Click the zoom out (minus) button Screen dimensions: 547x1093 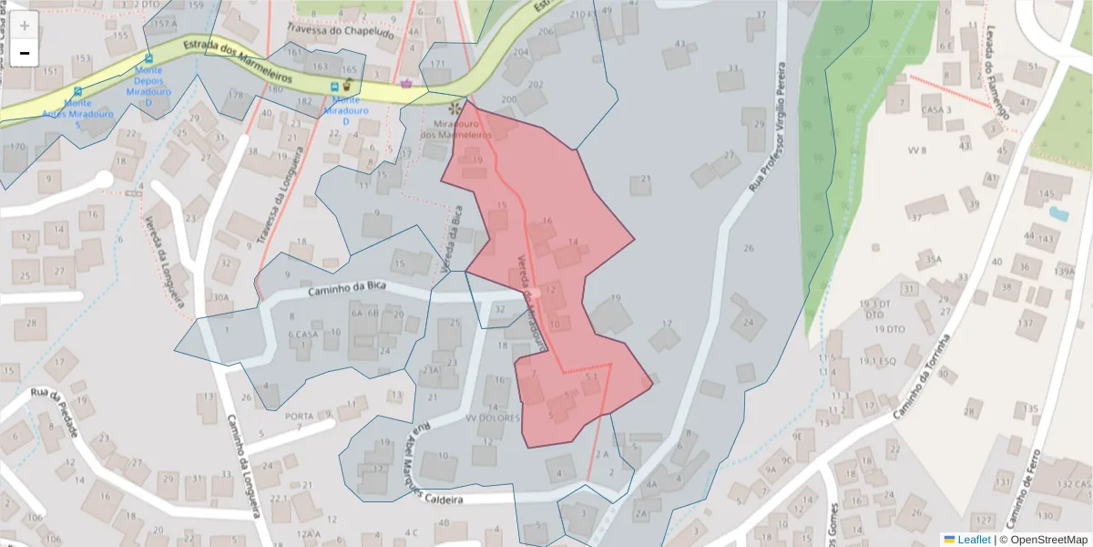[x=25, y=53]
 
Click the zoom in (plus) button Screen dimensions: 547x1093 [x=25, y=25]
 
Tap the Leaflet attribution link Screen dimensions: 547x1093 [x=975, y=540]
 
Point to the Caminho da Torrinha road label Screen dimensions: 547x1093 [x=922, y=377]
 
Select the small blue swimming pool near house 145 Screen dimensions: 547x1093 [x=1058, y=214]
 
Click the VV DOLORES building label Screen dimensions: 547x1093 [x=492, y=418]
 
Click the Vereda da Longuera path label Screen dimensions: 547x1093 [x=164, y=264]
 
